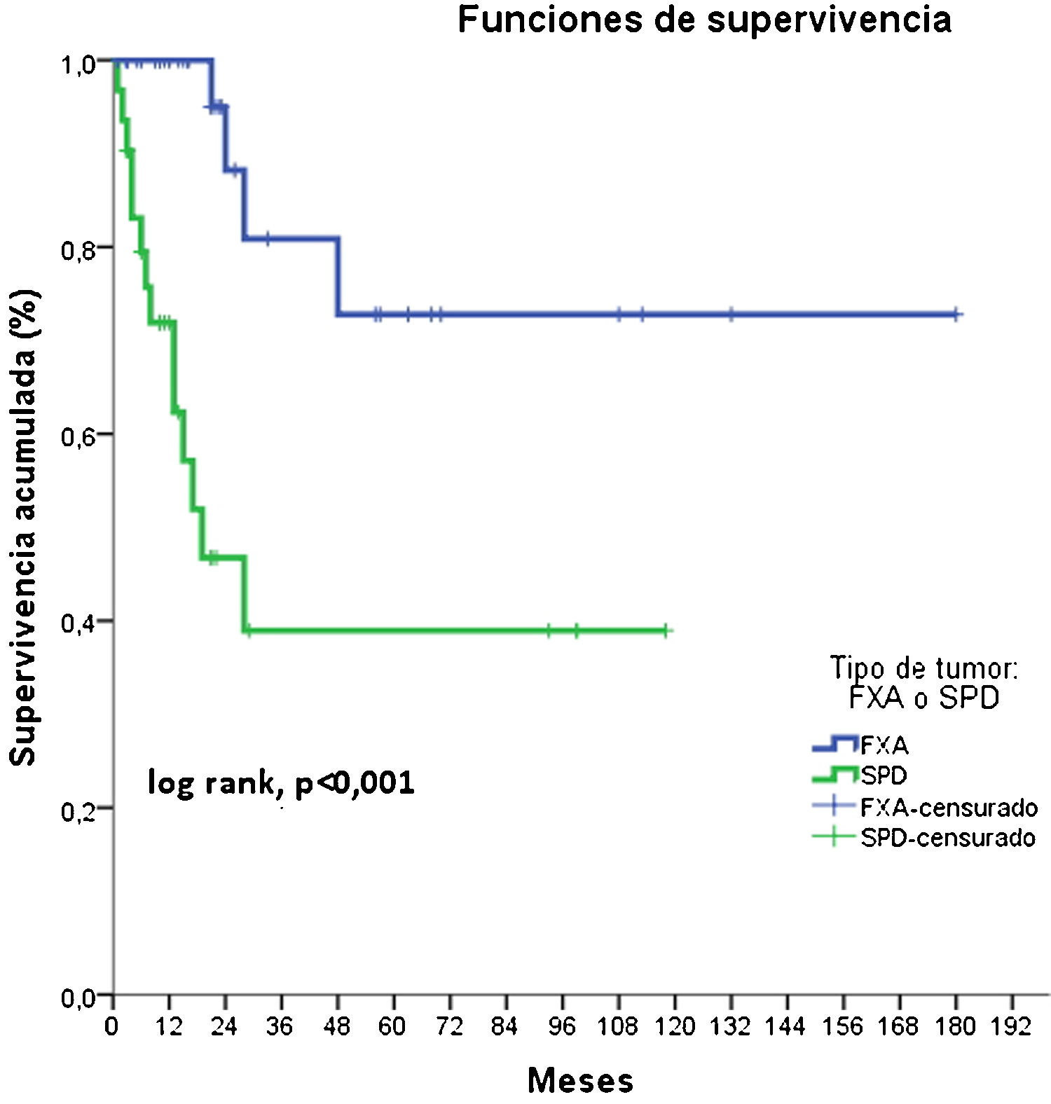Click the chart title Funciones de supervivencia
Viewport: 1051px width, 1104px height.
(x=704, y=20)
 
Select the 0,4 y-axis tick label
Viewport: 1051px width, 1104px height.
(x=78, y=622)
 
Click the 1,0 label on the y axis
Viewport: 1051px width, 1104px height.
(x=78, y=65)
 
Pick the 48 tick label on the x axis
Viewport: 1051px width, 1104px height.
(x=336, y=1027)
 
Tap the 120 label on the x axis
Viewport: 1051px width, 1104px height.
(x=675, y=1027)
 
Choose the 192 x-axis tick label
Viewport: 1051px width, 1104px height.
(x=1011, y=1027)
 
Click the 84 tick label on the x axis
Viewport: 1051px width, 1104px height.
(x=504, y=1027)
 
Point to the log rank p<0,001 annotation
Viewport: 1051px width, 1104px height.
(x=281, y=782)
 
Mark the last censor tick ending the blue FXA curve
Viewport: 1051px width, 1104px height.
(x=956, y=315)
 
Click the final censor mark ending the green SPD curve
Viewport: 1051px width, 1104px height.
(x=666, y=630)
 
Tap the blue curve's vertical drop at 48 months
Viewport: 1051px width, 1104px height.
(x=338, y=277)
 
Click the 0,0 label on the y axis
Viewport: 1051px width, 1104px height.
(x=78, y=997)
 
